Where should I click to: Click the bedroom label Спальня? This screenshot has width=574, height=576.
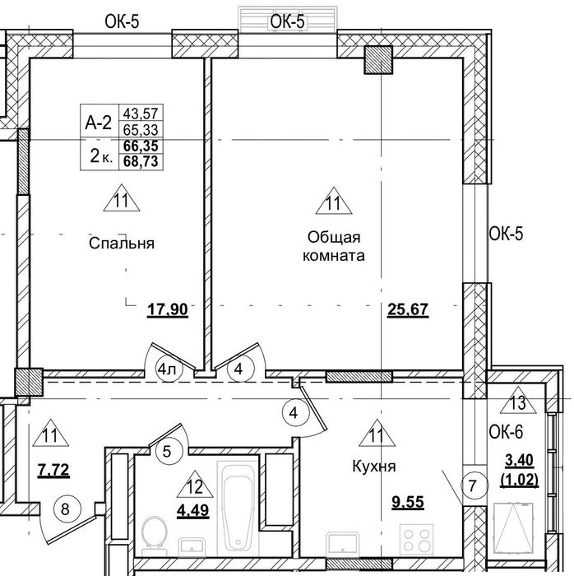coord(122,244)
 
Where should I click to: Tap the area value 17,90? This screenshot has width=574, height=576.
coord(168,309)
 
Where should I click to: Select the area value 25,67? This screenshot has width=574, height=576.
coord(408,309)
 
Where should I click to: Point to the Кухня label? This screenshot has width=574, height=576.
coord(374,467)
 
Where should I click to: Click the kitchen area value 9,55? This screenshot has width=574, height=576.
coord(408,502)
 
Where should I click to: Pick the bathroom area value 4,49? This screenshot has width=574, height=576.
coord(193,510)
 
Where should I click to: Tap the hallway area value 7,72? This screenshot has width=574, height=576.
coord(53,470)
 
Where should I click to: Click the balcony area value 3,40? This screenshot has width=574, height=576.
coord(520,461)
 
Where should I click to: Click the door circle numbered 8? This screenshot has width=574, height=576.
coord(65,509)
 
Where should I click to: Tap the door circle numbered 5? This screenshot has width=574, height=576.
coord(167,451)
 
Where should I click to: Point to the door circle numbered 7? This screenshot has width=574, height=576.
coord(473,485)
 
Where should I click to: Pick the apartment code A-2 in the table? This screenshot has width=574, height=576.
coord(99,122)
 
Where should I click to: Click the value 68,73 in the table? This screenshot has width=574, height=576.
coord(141,161)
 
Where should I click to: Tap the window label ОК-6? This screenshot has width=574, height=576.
coord(506,432)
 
